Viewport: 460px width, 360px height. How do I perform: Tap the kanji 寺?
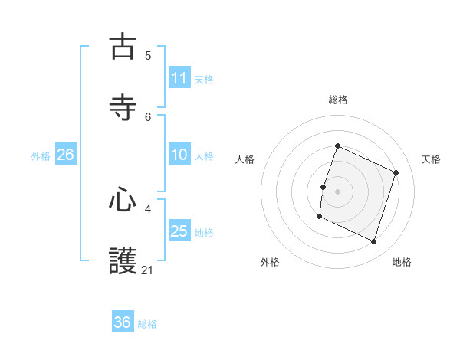(x=123, y=107)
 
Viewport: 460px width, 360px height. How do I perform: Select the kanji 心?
(x=123, y=201)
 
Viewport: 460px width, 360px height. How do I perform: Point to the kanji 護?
(x=123, y=260)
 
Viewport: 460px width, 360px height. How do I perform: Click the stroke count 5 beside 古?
(x=148, y=55)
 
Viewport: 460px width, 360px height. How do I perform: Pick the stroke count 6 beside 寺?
(x=148, y=116)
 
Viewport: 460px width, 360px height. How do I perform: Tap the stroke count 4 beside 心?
(x=148, y=208)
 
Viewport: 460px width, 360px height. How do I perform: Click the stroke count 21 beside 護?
(x=148, y=270)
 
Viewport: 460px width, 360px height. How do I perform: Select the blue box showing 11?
(x=179, y=78)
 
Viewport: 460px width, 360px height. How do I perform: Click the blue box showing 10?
(x=179, y=155)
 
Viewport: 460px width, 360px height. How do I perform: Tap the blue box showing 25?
(x=179, y=231)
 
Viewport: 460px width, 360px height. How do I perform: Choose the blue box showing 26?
(x=65, y=155)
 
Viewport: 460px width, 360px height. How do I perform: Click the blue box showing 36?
(x=123, y=322)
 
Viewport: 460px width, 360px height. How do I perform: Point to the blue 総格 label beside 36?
(x=147, y=324)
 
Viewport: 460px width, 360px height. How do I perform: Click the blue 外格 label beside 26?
(x=41, y=156)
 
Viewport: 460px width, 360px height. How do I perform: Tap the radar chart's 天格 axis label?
(x=431, y=159)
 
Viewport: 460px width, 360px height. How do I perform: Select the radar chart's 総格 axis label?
(x=337, y=100)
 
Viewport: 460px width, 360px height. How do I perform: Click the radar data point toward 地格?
(x=374, y=242)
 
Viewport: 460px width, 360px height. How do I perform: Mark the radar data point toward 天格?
(x=396, y=172)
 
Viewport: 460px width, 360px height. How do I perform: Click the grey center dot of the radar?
(x=337, y=191)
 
